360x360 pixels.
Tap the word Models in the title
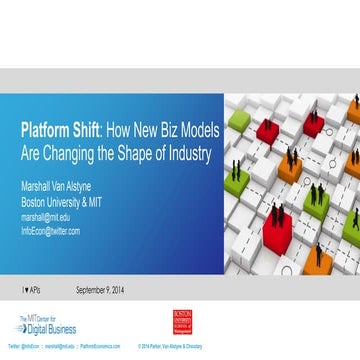(191, 131)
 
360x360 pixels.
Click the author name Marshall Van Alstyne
(64, 187)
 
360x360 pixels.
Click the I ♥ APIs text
(34, 291)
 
